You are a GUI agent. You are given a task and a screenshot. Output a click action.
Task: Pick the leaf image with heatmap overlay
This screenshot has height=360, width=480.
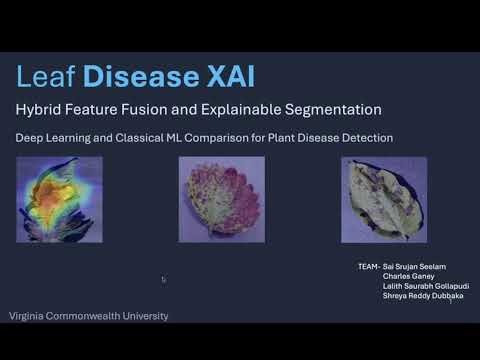point(59,199)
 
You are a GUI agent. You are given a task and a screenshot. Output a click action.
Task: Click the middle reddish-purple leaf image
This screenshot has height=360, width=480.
point(221,199)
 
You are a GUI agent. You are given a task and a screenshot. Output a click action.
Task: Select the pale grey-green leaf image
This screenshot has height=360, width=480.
point(383,199)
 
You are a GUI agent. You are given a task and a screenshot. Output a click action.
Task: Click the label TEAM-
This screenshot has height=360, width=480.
point(367,268)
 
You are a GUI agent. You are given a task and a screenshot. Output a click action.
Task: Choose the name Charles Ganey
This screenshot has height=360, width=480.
point(406,277)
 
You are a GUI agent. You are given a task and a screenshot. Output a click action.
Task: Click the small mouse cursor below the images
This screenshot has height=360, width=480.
point(163,279)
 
